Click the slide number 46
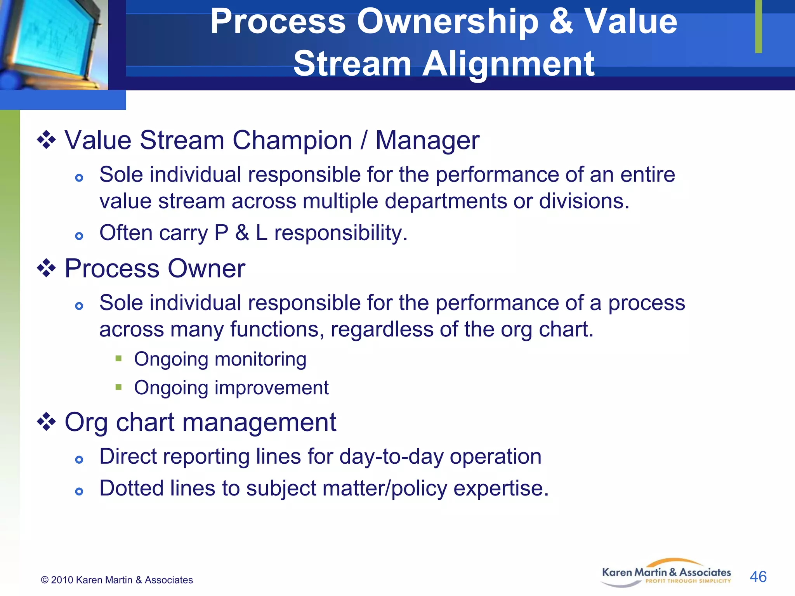click(758, 577)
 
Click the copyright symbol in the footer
click(45, 580)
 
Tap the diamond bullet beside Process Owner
click(46, 268)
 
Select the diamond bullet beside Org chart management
click(46, 422)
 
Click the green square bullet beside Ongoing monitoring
click(118, 358)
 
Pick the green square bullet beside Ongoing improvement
click(118, 387)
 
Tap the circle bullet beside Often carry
click(79, 236)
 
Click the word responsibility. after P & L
click(340, 233)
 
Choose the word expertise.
click(501, 488)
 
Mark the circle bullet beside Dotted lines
click(79, 492)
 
